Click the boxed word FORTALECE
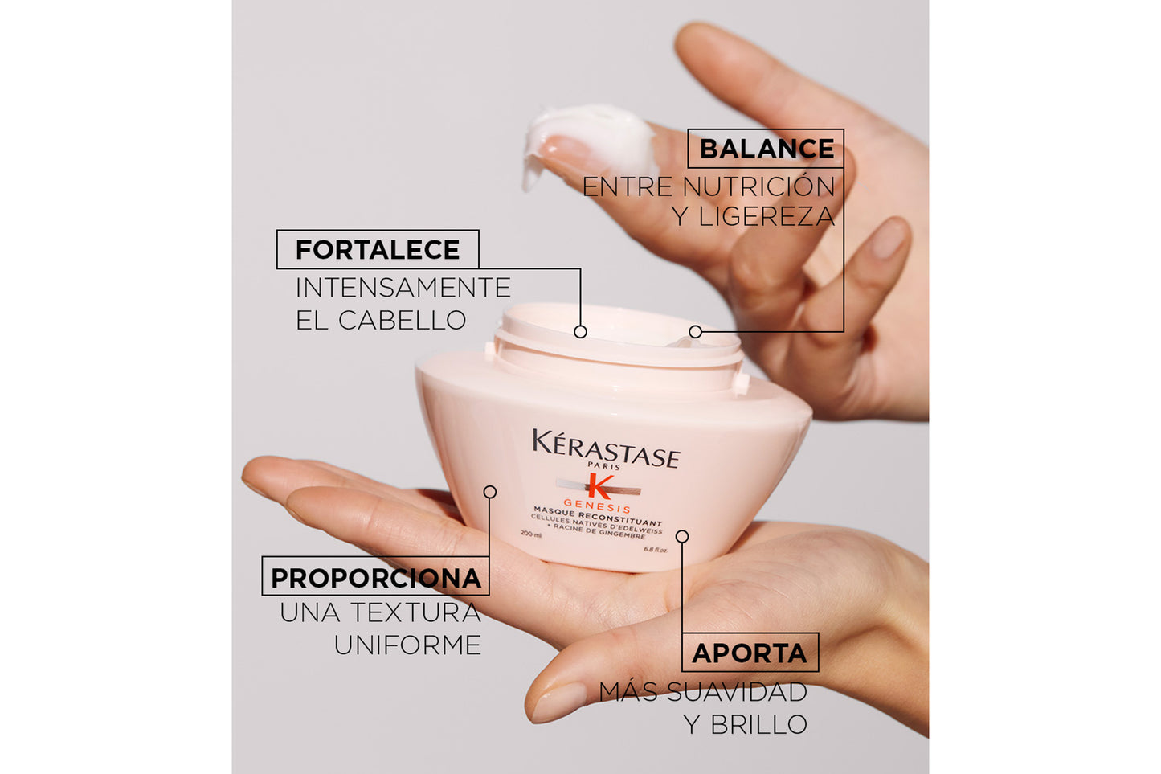coord(378,250)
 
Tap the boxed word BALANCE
coord(767,149)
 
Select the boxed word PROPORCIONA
coord(375,578)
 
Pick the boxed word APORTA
coord(750,653)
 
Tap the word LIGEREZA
coord(767,217)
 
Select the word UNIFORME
coord(407,645)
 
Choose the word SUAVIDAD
coord(737,692)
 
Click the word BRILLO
coord(758,725)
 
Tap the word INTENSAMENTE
coord(403,288)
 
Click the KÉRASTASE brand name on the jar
coord(606,448)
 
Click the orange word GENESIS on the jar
coord(597,506)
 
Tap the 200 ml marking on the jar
coord(531,534)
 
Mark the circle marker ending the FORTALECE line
coord(580,331)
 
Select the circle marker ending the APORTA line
coord(681,536)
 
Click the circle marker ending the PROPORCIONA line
coord(489,492)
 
